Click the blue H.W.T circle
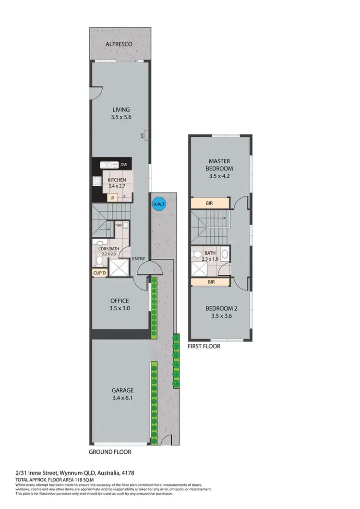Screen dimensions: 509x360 pyautogui.click(x=157, y=203)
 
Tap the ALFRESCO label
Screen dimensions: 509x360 pyautogui.click(x=119, y=44)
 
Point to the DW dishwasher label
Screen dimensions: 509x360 pyautogui.click(x=123, y=165)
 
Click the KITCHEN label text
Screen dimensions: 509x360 pyautogui.click(x=117, y=180)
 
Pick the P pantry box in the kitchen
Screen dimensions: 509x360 pyautogui.click(x=113, y=197)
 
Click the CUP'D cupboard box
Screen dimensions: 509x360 pyautogui.click(x=100, y=273)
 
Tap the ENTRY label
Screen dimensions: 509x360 pyautogui.click(x=138, y=259)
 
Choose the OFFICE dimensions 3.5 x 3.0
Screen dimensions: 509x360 pyautogui.click(x=120, y=309)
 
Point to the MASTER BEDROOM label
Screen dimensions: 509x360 pyautogui.click(x=220, y=164)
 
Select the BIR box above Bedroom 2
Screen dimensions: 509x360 pyautogui.click(x=211, y=282)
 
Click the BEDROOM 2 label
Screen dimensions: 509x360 pyautogui.click(x=220, y=308)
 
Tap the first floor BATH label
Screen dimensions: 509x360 pyautogui.click(x=210, y=253)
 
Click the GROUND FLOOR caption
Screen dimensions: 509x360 pyautogui.click(x=110, y=452)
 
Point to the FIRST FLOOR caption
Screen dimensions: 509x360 pyautogui.click(x=204, y=346)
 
